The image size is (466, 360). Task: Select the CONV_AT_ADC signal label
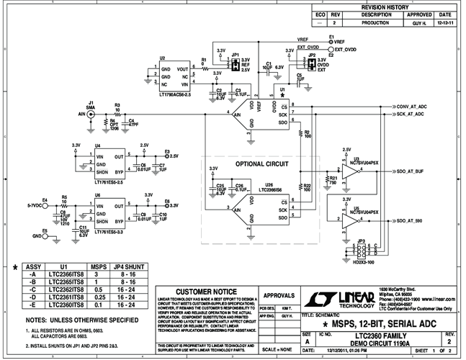click(x=412, y=107)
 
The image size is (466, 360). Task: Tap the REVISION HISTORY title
click(x=383, y=6)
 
